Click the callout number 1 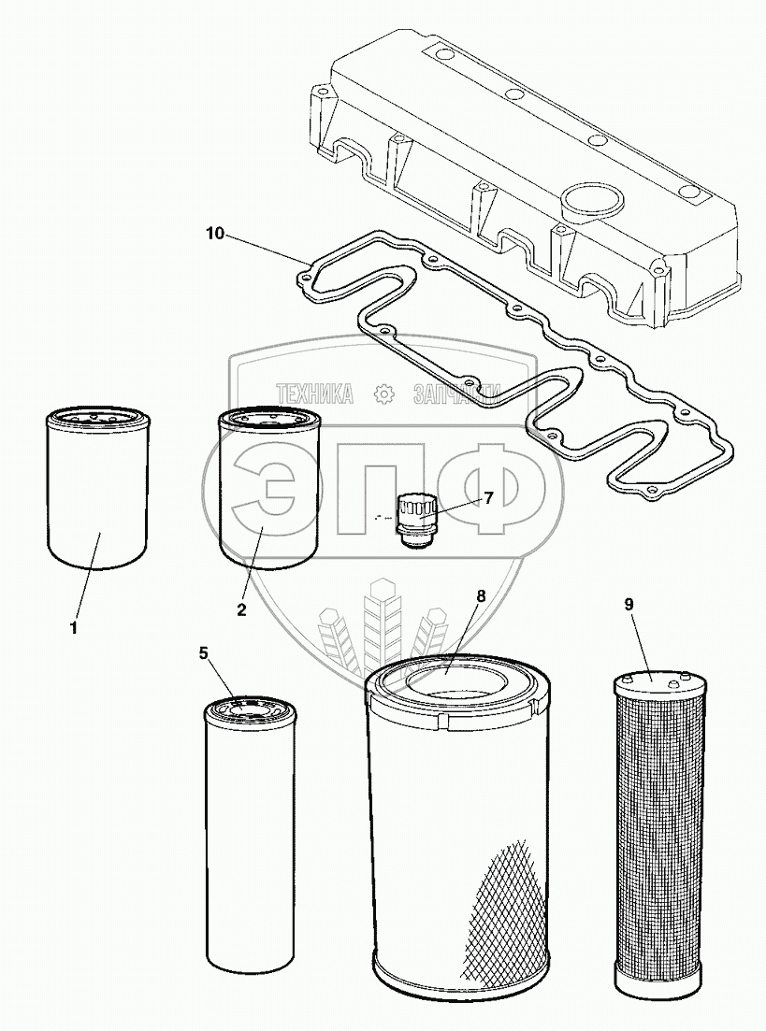[73, 628]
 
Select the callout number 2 [241, 609]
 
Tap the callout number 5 [204, 653]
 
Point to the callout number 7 [487, 497]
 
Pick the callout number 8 [481, 595]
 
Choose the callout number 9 [629, 604]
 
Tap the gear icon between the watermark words [382, 395]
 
